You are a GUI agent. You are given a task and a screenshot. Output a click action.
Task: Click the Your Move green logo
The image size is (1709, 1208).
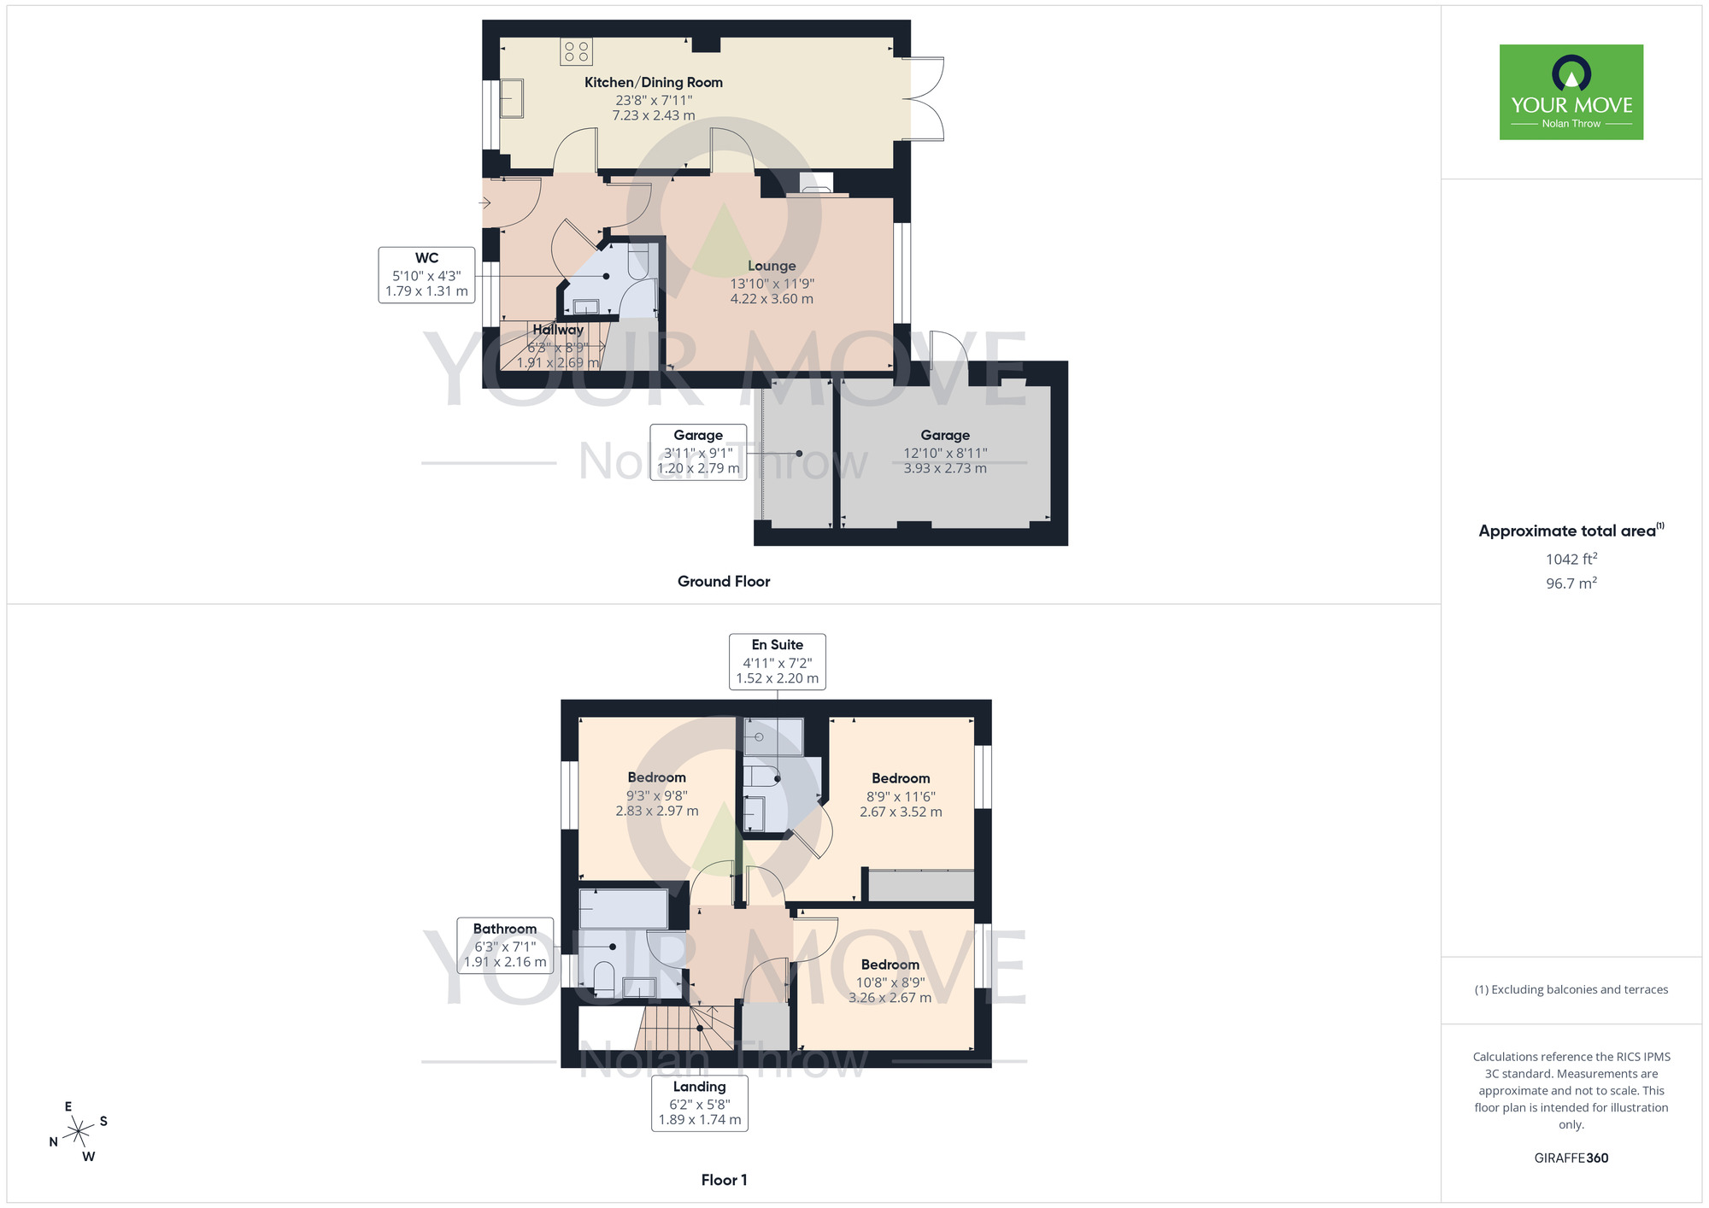pyautogui.click(x=1571, y=92)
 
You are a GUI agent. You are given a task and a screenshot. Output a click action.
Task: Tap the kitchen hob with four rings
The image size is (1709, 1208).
pyautogui.click(x=576, y=51)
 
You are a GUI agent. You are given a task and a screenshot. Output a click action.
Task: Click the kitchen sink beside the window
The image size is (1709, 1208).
pyautogui.click(x=512, y=97)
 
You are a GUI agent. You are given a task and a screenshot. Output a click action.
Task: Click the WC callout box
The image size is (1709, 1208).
pyautogui.click(x=426, y=274)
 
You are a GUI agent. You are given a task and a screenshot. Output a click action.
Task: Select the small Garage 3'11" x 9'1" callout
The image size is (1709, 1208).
pyautogui.click(x=698, y=452)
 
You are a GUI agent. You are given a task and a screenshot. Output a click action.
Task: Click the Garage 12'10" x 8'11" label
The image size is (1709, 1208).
pyautogui.click(x=945, y=450)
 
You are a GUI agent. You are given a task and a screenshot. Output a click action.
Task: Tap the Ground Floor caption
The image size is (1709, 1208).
pyautogui.click(x=724, y=582)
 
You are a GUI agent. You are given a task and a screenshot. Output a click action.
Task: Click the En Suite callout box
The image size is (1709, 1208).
pyautogui.click(x=777, y=661)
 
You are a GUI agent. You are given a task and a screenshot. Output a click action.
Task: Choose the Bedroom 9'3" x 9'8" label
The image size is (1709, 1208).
pyautogui.click(x=656, y=794)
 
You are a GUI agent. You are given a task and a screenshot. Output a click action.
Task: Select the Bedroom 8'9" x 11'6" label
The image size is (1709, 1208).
pyautogui.click(x=901, y=795)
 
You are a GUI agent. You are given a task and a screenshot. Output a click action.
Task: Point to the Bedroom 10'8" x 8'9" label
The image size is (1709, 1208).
pyautogui.click(x=890, y=981)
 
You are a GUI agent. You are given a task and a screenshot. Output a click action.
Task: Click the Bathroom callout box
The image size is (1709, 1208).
pyautogui.click(x=505, y=945)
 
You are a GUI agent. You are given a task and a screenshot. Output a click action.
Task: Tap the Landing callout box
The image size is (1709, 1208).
pyautogui.click(x=699, y=1103)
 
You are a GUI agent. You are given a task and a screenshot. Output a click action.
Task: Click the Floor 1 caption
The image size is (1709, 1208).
pyautogui.click(x=724, y=1180)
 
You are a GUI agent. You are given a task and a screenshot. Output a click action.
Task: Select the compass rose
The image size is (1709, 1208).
pyautogui.click(x=79, y=1132)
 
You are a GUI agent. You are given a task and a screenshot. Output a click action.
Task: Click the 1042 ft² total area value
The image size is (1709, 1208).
pyautogui.click(x=1571, y=560)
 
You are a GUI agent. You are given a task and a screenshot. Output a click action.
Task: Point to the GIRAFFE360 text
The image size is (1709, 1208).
pyautogui.click(x=1571, y=1158)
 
